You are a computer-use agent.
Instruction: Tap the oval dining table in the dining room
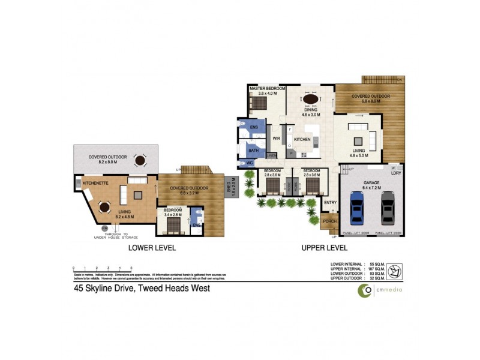click(x=310, y=100)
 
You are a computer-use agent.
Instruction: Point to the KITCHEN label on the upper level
click(x=302, y=139)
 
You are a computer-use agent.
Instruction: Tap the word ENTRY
click(x=331, y=202)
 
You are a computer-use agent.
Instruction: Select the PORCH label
click(x=330, y=221)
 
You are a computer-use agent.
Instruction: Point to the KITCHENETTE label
click(x=95, y=182)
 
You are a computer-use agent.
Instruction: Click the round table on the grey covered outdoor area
click(x=140, y=160)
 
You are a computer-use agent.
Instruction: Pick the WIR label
click(x=277, y=138)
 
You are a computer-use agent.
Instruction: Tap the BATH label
click(x=253, y=150)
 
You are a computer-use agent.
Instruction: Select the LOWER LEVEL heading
click(x=149, y=247)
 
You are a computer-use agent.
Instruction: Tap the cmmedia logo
click(x=380, y=290)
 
